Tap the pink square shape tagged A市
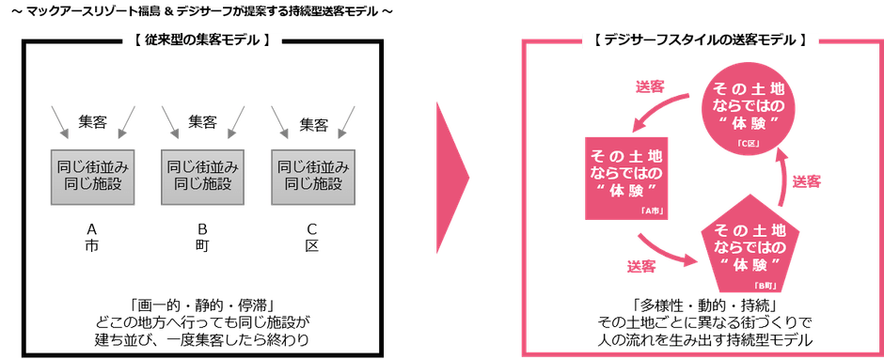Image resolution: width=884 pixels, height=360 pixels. point(624,179)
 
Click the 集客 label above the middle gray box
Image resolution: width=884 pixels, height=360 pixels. point(201,120)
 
